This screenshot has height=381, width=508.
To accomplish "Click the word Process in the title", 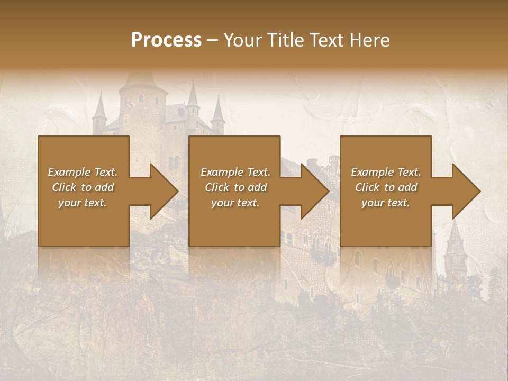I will pos(166,40).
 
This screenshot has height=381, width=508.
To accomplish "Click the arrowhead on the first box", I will pos(159,191).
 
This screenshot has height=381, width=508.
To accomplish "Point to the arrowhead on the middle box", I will pos(310,191).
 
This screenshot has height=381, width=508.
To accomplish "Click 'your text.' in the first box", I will pos(83,203).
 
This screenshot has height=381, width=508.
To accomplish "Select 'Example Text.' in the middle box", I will pos(235,172).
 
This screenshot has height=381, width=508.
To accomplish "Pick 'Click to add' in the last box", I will pos(386,187).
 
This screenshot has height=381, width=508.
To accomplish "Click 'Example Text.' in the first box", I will pos(83,172).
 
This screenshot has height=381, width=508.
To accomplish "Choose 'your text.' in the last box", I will pos(386,203).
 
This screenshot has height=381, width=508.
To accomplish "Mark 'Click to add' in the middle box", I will pos(235,187).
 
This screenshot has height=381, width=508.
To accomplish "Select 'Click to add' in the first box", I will pos(83,187).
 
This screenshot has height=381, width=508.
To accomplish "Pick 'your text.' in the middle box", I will pos(235,203).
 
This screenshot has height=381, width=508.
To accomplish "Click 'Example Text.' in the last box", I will pos(386,172).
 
